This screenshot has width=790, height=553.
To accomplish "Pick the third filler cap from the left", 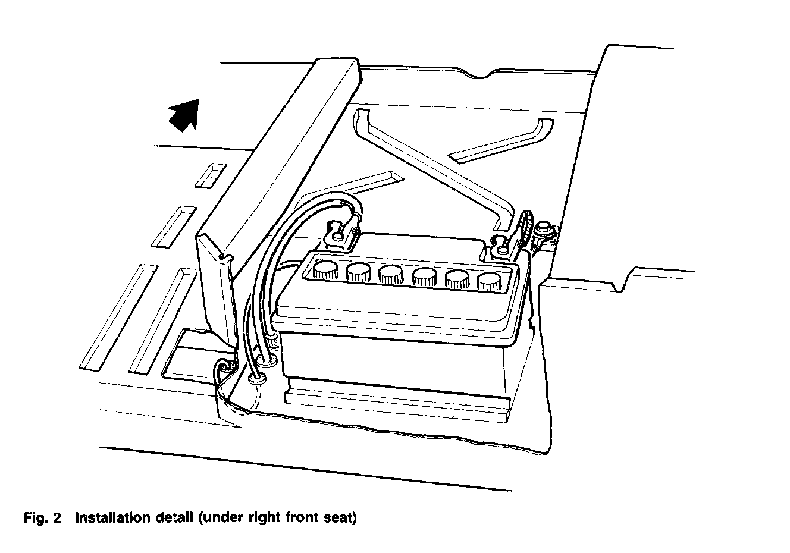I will [391, 274].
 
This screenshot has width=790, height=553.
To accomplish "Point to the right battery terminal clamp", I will [501, 246].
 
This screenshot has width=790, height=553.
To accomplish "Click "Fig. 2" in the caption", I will [42, 518].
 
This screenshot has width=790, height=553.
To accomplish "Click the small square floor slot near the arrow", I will [211, 175].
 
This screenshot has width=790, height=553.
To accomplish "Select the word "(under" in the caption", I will [218, 518].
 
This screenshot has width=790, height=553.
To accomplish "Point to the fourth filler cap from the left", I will [424, 276].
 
